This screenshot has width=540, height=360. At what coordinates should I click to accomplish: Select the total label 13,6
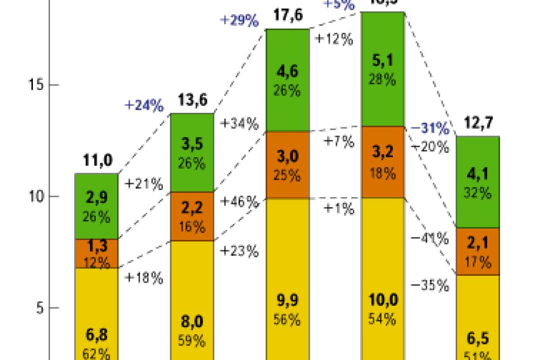(192, 100)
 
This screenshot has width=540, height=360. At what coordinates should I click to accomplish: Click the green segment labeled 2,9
(96, 206)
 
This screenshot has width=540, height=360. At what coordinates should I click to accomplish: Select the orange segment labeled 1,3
(96, 253)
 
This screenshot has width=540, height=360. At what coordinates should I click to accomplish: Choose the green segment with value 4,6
(288, 80)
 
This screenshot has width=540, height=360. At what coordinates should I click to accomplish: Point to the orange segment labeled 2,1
(478, 252)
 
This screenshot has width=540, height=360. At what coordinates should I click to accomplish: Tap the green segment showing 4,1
(478, 182)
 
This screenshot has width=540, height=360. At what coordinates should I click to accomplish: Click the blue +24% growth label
(144, 106)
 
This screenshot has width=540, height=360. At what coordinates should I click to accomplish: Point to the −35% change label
(430, 285)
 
